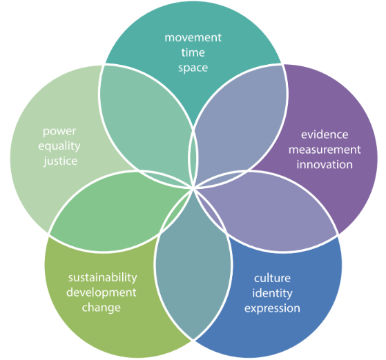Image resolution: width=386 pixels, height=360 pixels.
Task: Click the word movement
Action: (193, 38)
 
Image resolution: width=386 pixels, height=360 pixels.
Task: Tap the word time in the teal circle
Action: (193, 52)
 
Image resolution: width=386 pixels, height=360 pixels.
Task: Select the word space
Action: (193, 68)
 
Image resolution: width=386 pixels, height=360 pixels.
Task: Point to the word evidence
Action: (325, 134)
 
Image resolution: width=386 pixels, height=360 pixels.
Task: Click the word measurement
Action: (325, 150)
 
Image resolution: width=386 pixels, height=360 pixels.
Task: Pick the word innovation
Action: (325, 165)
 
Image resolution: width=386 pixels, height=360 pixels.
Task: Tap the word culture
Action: (272, 278)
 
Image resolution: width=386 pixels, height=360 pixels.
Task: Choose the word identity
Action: (272, 293)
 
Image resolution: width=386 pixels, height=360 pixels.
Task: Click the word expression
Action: (272, 308)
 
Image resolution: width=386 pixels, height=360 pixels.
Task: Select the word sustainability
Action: (103, 278)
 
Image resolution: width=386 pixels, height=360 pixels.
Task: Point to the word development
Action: (102, 292)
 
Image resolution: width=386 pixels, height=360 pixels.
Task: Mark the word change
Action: (102, 308)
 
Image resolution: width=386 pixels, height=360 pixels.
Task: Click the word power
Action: (59, 132)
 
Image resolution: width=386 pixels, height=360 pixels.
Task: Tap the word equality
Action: (59, 147)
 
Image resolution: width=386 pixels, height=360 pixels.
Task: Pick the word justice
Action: (61, 161)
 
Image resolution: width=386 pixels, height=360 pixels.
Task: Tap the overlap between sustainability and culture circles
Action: (193, 266)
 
